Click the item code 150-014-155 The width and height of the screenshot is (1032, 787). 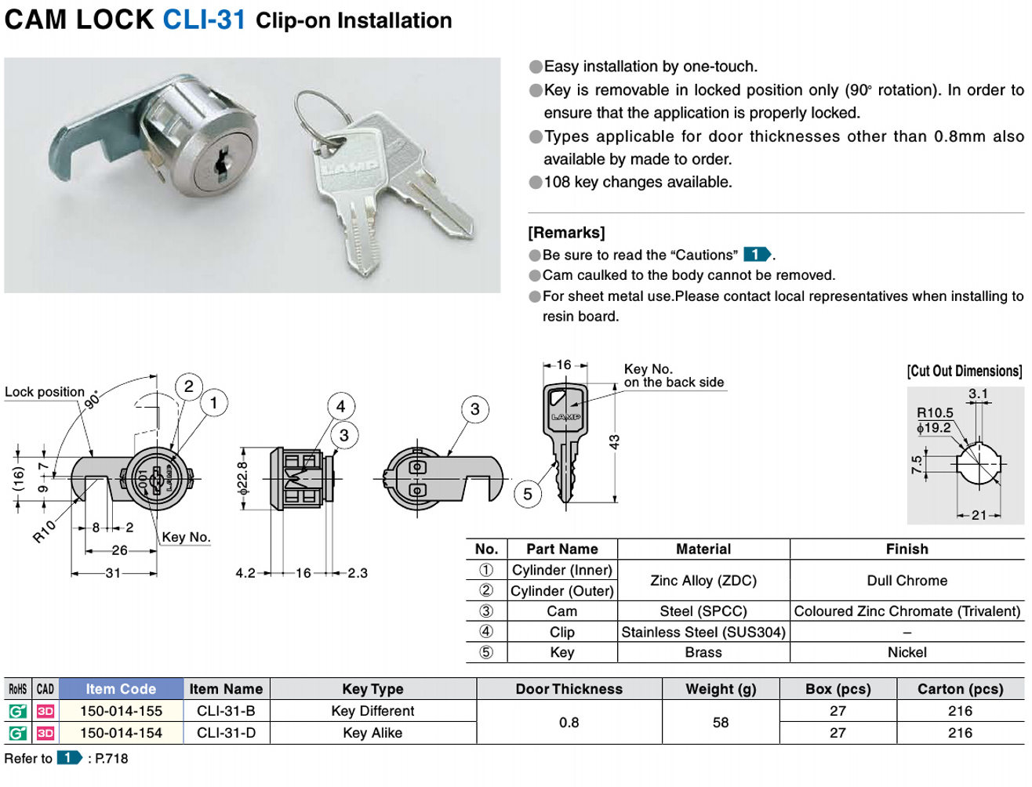121,711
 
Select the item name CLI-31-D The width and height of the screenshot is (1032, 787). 226,733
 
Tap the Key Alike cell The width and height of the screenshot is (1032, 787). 372,733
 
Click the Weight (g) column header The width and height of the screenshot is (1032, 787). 721,689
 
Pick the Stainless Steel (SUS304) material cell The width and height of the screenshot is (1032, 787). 703,632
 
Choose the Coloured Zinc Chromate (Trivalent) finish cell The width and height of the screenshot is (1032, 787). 907,611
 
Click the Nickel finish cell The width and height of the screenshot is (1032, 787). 907,652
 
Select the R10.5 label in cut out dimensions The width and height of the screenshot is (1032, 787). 935,413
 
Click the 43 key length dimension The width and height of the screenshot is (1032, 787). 614,442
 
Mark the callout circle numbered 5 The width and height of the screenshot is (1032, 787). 528,494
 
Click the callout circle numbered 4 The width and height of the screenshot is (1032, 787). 340,406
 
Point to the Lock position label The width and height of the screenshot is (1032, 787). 45,392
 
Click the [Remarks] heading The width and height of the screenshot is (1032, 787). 566,233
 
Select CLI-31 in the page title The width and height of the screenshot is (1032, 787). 204,20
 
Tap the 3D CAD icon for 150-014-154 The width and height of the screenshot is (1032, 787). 45,733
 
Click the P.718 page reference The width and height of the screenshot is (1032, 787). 111,758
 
